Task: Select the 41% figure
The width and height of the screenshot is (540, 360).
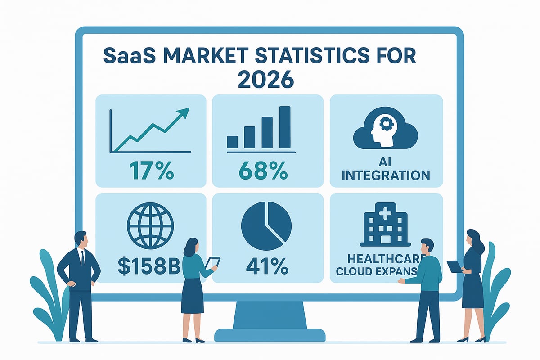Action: coord(267,267)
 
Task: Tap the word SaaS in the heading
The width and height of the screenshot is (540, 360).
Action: coord(126,57)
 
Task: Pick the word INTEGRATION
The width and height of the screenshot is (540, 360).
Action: coord(386,175)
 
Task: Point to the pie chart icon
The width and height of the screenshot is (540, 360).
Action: coord(266,225)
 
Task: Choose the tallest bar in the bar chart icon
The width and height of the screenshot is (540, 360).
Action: coord(285,127)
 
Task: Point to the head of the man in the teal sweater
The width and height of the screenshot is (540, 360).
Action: coord(427,247)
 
